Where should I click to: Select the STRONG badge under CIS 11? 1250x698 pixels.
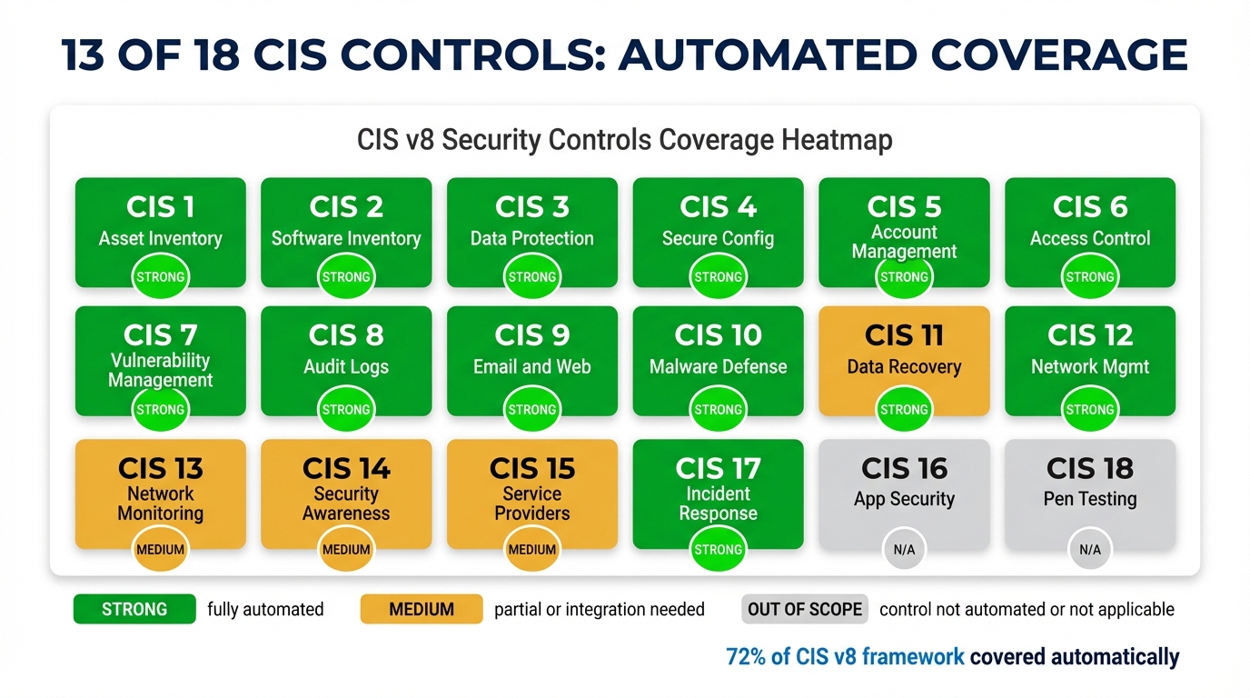(904, 410)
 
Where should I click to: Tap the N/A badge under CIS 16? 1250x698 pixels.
(904, 550)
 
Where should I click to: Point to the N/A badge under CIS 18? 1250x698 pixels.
(1089, 550)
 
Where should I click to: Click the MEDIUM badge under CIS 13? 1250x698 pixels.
(160, 550)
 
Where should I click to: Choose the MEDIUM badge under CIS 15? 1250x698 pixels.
(531, 550)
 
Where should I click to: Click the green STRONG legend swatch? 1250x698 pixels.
(134, 609)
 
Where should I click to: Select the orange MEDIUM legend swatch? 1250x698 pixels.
(422, 609)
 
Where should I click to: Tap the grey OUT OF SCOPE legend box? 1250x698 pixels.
(804, 609)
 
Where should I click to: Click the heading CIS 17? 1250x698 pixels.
(718, 468)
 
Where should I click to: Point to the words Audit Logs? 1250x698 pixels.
(346, 367)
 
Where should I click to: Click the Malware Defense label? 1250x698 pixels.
(718, 367)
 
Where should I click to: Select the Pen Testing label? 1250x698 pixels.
(1089, 499)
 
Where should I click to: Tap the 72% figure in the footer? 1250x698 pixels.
(746, 656)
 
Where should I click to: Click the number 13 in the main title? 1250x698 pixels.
(89, 55)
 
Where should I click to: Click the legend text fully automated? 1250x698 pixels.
(265, 609)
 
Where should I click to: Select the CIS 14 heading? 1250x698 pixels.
(346, 468)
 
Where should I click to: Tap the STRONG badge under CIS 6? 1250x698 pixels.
(1089, 277)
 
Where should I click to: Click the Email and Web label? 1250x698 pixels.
(531, 367)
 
